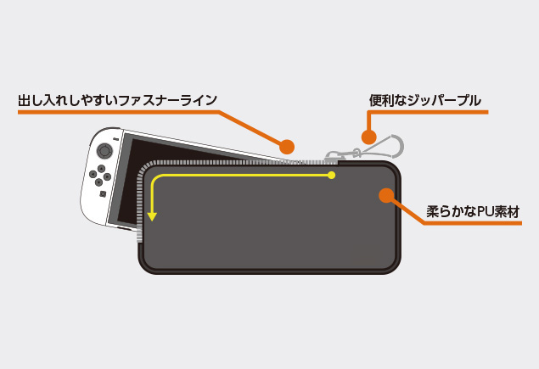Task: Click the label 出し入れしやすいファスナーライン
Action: [117, 100]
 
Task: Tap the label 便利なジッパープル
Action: [425, 100]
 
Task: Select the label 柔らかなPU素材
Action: [473, 211]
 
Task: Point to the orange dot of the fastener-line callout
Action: [287, 147]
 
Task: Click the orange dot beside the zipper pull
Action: [369, 137]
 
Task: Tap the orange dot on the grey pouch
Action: [387, 195]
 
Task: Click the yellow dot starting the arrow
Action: [331, 176]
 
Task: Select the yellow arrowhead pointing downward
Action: [152, 216]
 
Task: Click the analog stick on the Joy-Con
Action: [104, 151]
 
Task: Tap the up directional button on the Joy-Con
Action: [101, 169]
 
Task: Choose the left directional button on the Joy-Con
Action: [93, 174]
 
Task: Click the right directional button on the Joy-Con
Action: [107, 177]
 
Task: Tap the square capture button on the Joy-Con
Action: [103, 194]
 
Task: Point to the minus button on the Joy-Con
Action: [115, 139]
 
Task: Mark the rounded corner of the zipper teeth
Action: [143, 167]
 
